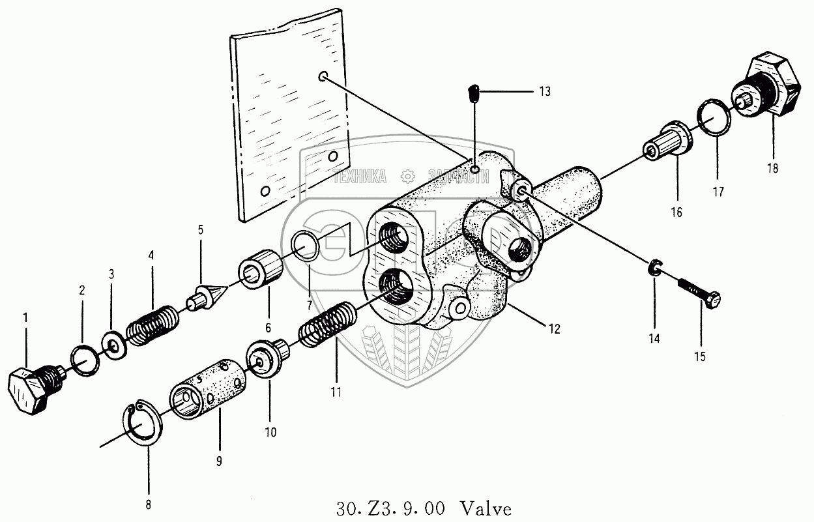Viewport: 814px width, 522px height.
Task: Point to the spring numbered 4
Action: [152, 324]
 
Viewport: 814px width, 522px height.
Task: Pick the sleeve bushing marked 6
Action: [261, 269]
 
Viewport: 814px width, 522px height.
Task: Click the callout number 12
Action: [553, 329]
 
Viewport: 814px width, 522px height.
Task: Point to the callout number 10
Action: [270, 431]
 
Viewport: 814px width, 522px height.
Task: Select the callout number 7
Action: [310, 305]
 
